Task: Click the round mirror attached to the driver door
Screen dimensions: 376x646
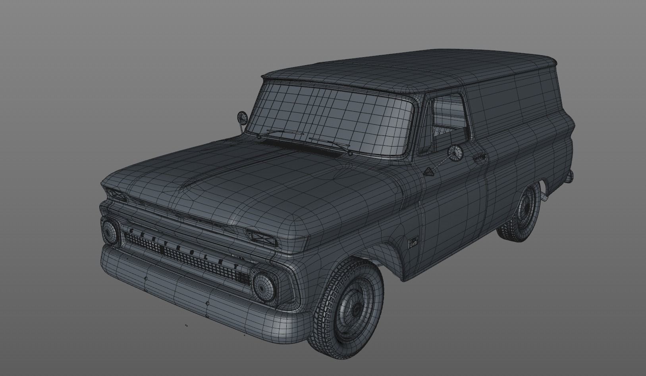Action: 455,153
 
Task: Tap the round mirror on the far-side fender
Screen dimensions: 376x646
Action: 241,117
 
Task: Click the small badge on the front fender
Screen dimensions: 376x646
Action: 413,241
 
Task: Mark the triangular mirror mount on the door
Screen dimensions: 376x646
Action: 429,172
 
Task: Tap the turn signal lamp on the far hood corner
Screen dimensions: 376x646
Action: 116,195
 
